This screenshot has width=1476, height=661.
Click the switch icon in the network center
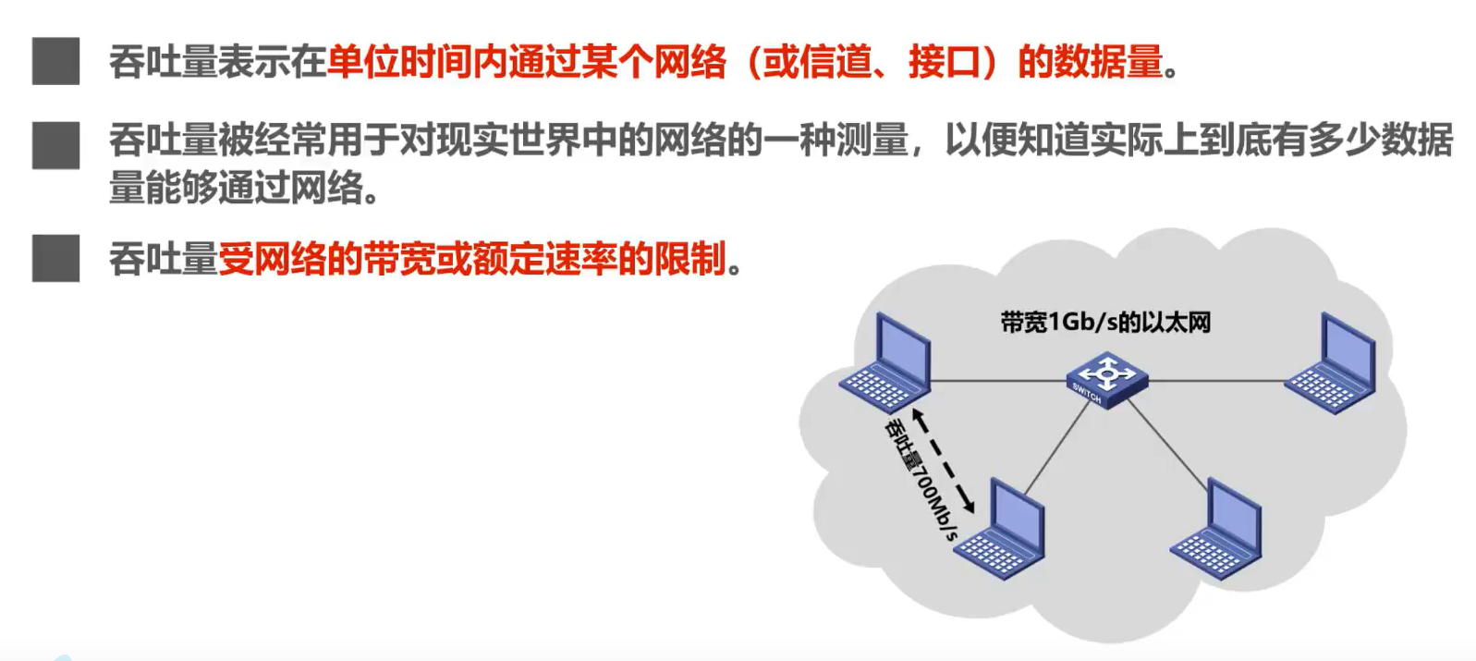click(1106, 378)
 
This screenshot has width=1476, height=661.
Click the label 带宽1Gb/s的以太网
click(1105, 322)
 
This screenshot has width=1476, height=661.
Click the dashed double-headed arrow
click(944, 460)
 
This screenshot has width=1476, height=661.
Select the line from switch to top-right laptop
click(1215, 380)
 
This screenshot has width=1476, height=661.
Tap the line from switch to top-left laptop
click(998, 380)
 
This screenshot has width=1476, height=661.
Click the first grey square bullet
click(55, 61)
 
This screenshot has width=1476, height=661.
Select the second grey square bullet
click(55, 145)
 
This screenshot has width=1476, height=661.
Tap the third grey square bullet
click(55, 258)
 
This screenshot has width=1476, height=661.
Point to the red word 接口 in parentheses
click(944, 62)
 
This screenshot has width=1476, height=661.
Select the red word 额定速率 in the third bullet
click(544, 259)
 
